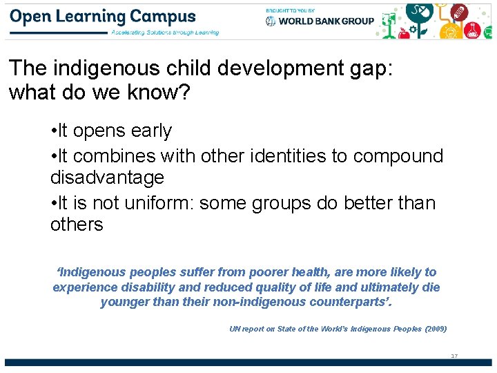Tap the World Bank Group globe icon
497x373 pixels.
click(x=271, y=21)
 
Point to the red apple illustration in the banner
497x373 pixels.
click(x=405, y=32)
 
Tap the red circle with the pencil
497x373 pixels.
click(x=459, y=12)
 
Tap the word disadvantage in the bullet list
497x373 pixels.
click(x=107, y=178)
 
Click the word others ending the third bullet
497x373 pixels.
click(x=77, y=224)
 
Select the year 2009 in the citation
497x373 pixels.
click(x=436, y=329)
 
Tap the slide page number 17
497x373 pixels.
click(x=454, y=356)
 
